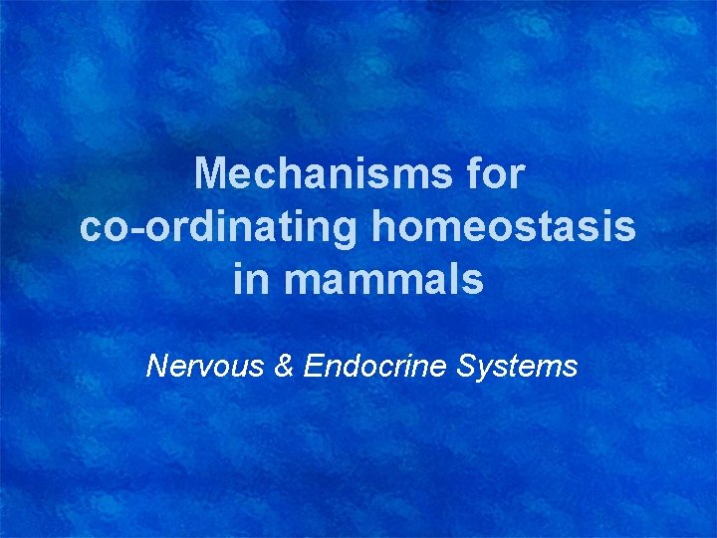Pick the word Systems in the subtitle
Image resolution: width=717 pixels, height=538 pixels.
point(516,367)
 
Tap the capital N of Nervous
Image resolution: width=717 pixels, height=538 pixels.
point(156,367)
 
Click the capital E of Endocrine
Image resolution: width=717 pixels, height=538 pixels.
point(314,367)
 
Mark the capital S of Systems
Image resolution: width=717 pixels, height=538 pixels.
point(464,367)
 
